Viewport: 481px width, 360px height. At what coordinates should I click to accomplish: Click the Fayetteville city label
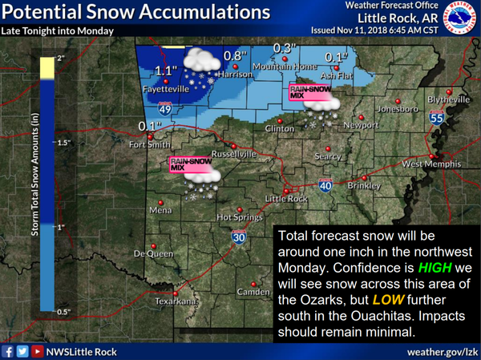point(165,90)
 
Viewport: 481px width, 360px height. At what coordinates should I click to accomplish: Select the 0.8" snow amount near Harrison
point(233,55)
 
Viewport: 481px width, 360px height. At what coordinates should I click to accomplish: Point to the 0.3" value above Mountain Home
point(281,48)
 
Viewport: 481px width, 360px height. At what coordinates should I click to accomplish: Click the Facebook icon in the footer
point(8,350)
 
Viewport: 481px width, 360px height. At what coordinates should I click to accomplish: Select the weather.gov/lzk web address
point(441,350)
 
